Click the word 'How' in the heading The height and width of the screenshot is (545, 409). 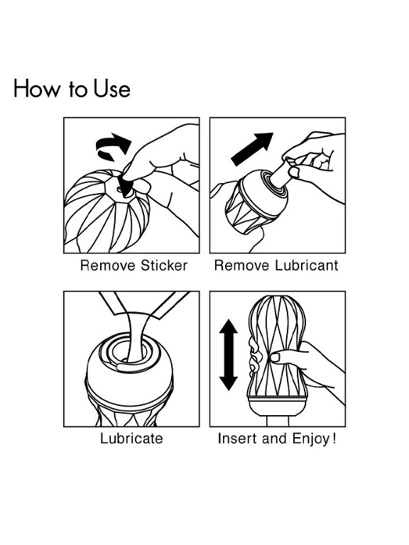[36, 88]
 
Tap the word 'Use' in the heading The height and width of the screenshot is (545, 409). [111, 88]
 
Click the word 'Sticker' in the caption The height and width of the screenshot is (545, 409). [164, 265]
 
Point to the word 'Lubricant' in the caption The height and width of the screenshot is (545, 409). [307, 265]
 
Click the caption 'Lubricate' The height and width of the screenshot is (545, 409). [131, 439]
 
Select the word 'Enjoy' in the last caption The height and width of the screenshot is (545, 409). [310, 439]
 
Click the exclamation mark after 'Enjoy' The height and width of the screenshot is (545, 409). [334, 438]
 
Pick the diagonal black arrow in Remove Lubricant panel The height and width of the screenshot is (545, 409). [252, 149]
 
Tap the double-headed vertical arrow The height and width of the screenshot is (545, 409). [229, 355]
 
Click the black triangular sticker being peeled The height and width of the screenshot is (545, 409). [126, 185]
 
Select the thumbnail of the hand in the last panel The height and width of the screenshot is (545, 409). [276, 358]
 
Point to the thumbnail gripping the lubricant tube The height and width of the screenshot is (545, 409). [294, 172]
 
